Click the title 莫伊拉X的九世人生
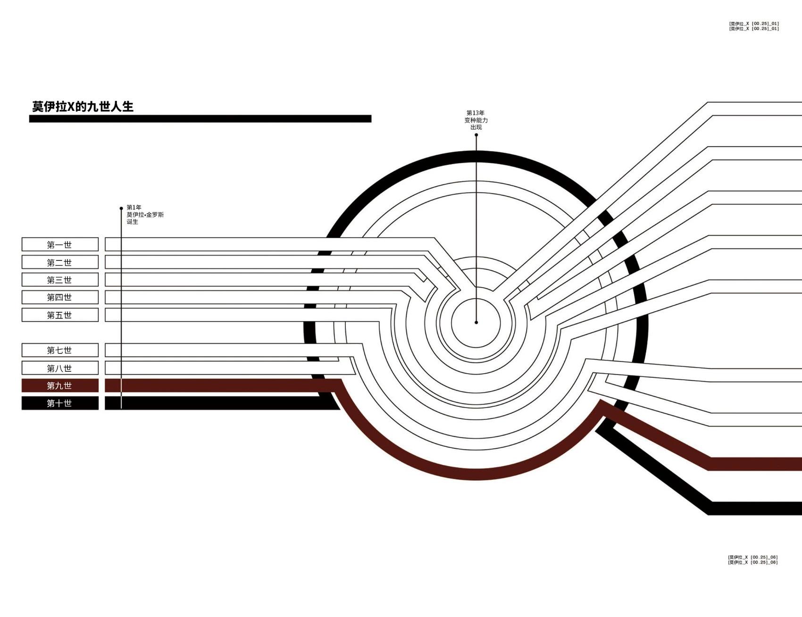coord(83,107)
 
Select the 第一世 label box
coord(60,244)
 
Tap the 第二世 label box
coord(60,262)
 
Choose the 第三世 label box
coord(60,280)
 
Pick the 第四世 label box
coord(60,297)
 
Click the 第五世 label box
coord(60,315)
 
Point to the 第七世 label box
coord(60,350)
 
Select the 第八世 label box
coord(60,368)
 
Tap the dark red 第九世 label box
coord(60,385)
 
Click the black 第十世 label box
coord(60,403)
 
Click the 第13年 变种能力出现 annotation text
coord(476,120)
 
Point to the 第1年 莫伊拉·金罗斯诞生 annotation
coord(145,215)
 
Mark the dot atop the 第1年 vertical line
coord(121,208)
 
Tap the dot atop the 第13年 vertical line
coord(476,135)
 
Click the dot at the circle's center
coord(476,322)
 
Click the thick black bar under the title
coord(200,119)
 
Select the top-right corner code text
coord(753,26)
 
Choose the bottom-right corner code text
coord(752,560)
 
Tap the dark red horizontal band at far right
coord(755,464)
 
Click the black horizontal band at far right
coord(755,508)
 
